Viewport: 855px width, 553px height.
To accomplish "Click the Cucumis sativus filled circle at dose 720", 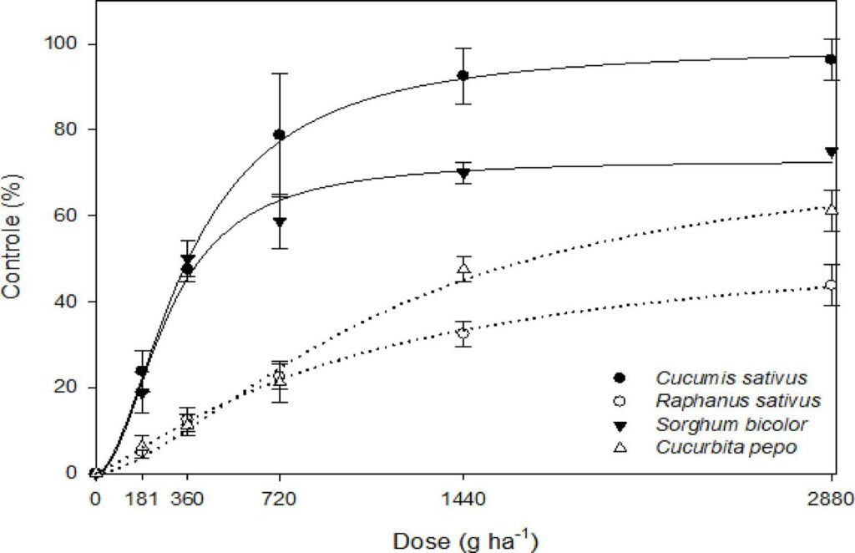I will [280, 134].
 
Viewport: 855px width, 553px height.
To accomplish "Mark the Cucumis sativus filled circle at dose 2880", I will [831, 59].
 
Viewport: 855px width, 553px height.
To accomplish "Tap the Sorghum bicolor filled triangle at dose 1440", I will [463, 173].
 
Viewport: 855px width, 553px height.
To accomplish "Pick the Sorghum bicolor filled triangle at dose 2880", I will [831, 152].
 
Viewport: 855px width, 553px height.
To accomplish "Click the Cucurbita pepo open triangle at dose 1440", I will [463, 268].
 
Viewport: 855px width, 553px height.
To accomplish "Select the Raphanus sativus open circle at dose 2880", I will [831, 285].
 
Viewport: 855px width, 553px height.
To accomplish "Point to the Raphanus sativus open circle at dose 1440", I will [463, 332].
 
